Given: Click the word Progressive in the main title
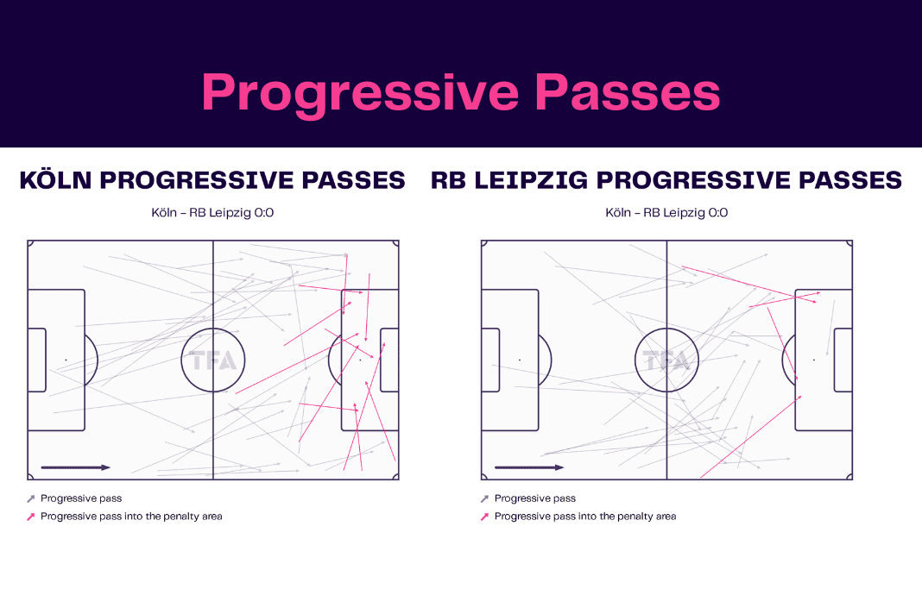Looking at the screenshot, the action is pyautogui.click(x=361, y=94).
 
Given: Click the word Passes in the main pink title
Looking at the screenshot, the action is pyautogui.click(x=628, y=92).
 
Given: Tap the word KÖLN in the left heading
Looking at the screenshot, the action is pyautogui.click(x=55, y=179).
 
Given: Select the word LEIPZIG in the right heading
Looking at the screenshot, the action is pyautogui.click(x=531, y=180).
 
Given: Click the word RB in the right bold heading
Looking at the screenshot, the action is pyautogui.click(x=449, y=180).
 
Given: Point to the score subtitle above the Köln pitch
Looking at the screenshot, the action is pyautogui.click(x=212, y=213).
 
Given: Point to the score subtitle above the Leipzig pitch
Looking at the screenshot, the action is pyautogui.click(x=666, y=213).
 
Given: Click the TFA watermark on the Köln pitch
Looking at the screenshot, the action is pyautogui.click(x=212, y=360).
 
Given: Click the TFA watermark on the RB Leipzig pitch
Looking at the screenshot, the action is pyautogui.click(x=666, y=360).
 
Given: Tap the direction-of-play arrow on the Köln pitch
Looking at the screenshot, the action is pyautogui.click(x=75, y=467).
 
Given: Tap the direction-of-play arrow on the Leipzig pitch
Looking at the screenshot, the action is pyautogui.click(x=529, y=467).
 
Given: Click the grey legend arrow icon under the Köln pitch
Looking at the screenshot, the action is pyautogui.click(x=30, y=498).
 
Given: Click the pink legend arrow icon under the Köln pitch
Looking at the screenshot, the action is pyautogui.click(x=30, y=517).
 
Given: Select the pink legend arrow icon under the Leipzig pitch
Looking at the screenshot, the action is pyautogui.click(x=484, y=517).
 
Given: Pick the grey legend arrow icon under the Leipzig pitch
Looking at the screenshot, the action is pyautogui.click(x=484, y=498).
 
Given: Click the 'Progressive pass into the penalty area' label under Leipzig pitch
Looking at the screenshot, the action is pyautogui.click(x=585, y=517).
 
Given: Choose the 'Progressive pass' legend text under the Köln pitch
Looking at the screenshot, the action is pyautogui.click(x=81, y=498).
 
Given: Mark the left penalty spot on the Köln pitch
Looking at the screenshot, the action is pyautogui.click(x=66, y=360).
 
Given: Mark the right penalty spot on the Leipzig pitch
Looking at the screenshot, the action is pyautogui.click(x=814, y=360).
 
